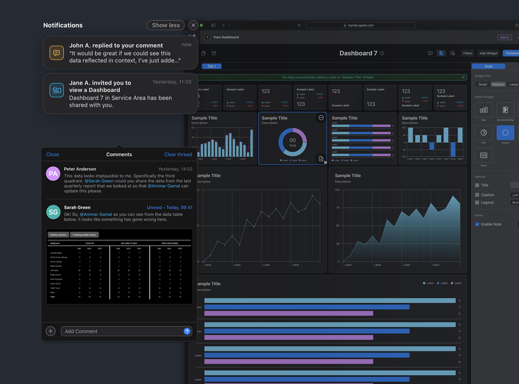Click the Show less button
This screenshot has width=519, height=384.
[x=166, y=26]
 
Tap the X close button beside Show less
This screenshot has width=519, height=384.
[x=193, y=26]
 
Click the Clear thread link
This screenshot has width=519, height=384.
[x=178, y=154]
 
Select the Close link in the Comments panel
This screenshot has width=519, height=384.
[x=52, y=154]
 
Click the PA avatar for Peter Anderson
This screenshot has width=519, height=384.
[x=53, y=174]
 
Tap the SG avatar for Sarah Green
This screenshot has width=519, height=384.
[x=53, y=212]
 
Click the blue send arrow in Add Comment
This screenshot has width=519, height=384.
[x=187, y=331]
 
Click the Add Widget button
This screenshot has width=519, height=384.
[x=488, y=53]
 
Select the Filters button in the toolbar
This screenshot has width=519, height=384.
[x=468, y=53]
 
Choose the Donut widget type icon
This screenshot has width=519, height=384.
[x=505, y=133]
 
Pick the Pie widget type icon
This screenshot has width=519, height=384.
[x=483, y=133]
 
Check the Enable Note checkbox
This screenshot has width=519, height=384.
[x=477, y=224]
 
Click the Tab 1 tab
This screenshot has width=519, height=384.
[x=212, y=67]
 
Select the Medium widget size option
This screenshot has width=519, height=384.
[x=498, y=84]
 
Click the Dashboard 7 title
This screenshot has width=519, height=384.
[x=358, y=53]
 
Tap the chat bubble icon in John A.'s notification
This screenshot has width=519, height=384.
[x=56, y=53]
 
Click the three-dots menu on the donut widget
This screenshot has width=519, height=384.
[x=321, y=118]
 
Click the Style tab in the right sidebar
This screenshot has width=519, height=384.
[x=488, y=67]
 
